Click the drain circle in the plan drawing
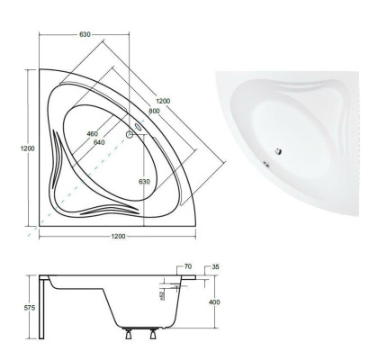click(130, 136)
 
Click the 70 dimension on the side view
click(186, 268)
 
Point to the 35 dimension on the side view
click(214, 268)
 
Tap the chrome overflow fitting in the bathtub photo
click(266, 165)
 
